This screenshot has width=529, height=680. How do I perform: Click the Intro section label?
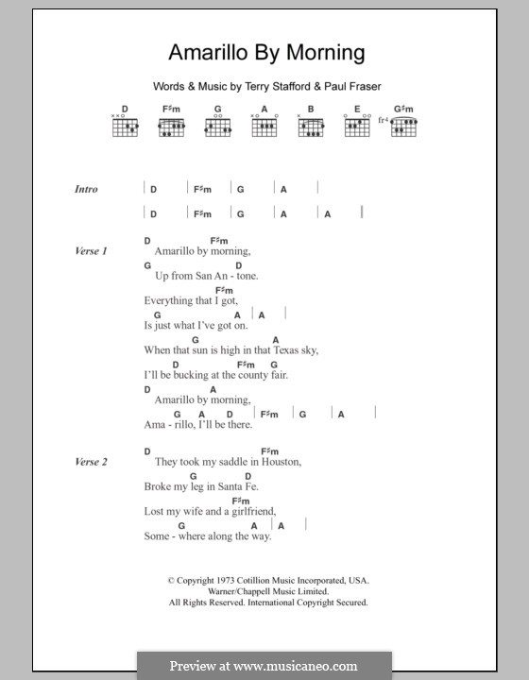point(86,189)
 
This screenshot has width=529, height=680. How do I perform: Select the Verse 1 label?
point(92,251)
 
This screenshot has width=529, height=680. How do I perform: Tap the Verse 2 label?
point(92,462)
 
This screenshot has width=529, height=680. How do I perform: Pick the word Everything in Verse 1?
point(169,300)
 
